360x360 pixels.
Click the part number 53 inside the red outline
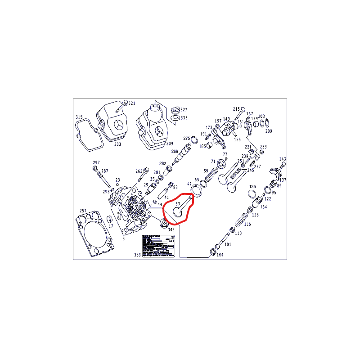point(178,204)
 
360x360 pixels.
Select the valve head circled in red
point(179,212)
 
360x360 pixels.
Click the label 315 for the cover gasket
point(79,117)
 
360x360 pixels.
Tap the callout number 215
point(237,109)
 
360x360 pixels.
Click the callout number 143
point(283,159)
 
